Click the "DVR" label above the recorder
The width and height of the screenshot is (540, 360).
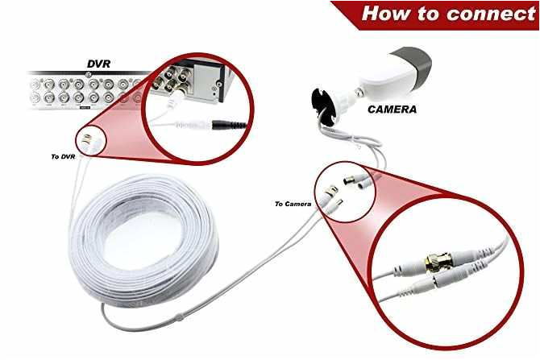100,62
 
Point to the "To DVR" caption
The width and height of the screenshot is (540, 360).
61,156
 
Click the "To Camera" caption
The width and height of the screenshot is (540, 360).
292,204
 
